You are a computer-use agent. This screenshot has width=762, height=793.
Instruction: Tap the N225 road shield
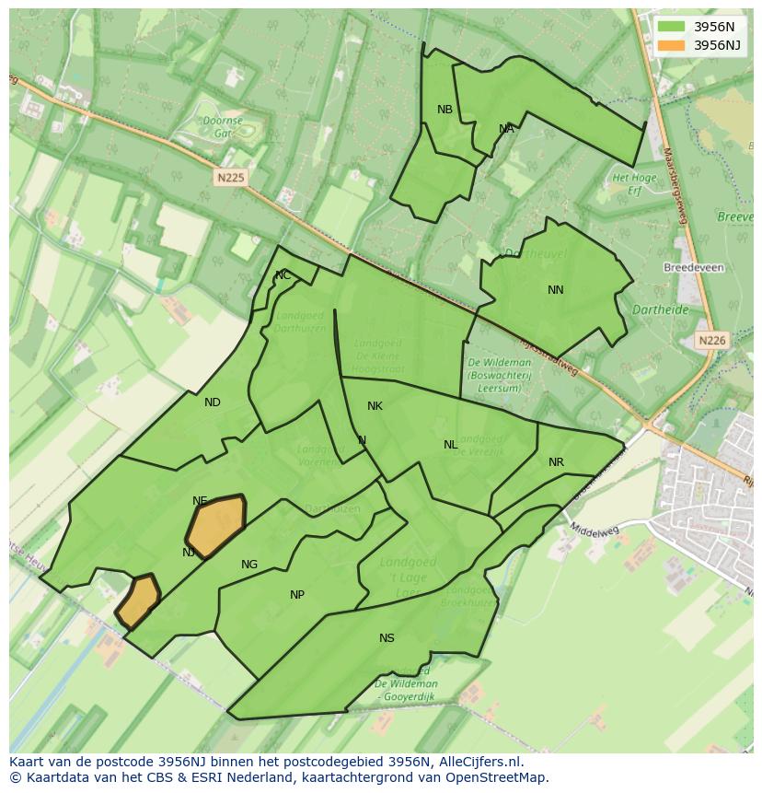pos(231,177)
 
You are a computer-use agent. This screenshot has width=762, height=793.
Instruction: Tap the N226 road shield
pos(711,340)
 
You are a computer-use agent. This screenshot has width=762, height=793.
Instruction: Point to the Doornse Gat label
pos(222,126)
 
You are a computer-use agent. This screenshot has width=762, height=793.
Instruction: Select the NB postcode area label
pos(444,110)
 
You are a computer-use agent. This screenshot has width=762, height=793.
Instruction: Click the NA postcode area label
pos(506,129)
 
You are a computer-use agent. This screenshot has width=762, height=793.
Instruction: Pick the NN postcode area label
pos(555,290)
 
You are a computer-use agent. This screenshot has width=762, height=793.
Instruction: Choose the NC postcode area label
pos(283,275)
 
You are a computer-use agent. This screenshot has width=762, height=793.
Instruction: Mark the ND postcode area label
pos(213,402)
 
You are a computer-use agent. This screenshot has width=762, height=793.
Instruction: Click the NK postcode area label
pos(375,406)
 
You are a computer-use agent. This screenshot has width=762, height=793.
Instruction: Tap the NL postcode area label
pos(450,445)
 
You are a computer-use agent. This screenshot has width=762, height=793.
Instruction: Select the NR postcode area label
pos(556,462)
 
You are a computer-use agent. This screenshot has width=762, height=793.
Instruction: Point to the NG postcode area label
pos(249,565)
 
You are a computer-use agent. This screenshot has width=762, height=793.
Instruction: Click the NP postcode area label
pos(297,595)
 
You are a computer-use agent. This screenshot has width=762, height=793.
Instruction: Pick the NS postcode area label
pos(387,638)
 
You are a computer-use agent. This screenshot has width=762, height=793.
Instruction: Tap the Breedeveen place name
pos(693,268)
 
